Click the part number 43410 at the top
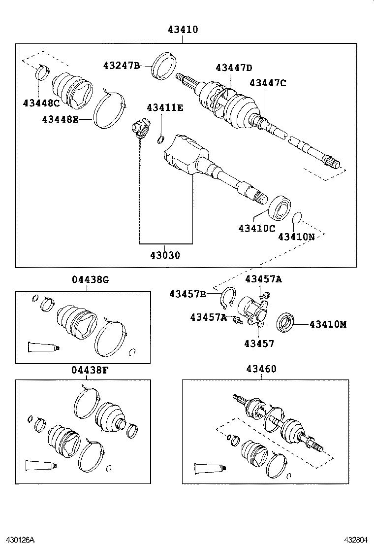[x=182, y=30]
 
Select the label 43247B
[x=122, y=65]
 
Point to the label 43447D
[x=234, y=68]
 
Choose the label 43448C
[x=41, y=103]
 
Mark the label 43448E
[x=60, y=119]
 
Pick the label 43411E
[x=164, y=107]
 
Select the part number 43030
[x=165, y=255]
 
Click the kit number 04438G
[x=90, y=279]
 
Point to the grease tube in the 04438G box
[x=43, y=347]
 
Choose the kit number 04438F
[x=90, y=370]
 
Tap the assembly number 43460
[x=261, y=369]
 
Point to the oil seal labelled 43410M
[x=285, y=323]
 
